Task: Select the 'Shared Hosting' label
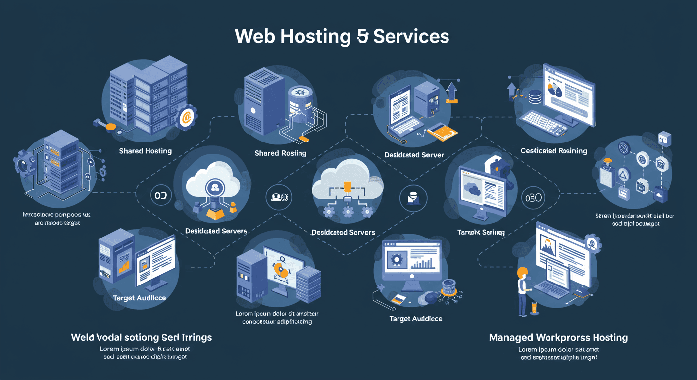coord(145,151)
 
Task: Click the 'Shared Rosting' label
coord(280,153)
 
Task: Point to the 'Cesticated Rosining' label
coord(553,151)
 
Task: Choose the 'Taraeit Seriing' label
coord(481,232)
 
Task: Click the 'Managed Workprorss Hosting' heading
coord(558,338)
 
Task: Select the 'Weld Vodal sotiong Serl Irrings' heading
coord(141,337)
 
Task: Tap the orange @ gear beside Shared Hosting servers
coord(186,117)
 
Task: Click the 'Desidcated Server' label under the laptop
coord(414,155)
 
